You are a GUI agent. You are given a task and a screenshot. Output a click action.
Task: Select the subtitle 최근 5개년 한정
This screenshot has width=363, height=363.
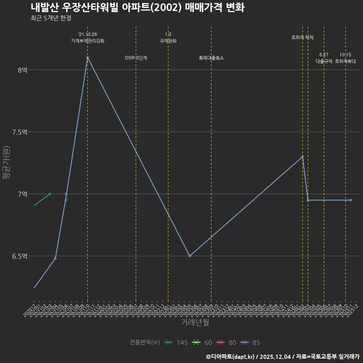click(51, 18)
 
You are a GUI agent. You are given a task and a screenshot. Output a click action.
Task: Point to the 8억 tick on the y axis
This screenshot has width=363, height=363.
click(23, 70)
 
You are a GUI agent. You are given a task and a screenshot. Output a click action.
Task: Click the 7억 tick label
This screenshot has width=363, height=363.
click(23, 194)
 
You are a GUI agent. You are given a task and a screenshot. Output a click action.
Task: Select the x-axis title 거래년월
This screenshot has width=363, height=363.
click(195, 323)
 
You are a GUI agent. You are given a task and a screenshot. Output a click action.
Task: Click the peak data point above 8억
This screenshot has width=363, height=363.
click(87, 57)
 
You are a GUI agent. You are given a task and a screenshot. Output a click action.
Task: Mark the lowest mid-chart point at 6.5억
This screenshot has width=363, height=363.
click(190, 256)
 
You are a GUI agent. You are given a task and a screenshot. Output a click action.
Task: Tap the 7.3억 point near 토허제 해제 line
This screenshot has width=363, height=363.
click(302, 157)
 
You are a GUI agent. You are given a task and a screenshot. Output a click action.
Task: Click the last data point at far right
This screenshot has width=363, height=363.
click(351, 200)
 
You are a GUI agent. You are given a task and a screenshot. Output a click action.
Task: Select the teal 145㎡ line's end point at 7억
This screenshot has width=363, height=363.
click(50, 194)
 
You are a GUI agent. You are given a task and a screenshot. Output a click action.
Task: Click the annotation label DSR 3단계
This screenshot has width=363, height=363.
click(136, 58)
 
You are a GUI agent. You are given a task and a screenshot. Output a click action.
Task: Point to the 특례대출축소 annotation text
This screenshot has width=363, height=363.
click(211, 58)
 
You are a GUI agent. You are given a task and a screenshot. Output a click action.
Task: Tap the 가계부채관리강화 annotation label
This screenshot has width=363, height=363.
click(87, 41)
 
